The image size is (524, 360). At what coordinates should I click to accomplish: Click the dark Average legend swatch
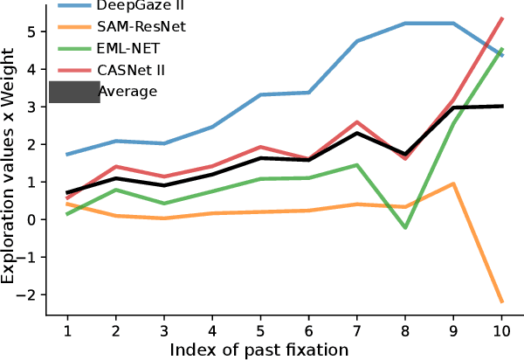pyautogui.click(x=74, y=92)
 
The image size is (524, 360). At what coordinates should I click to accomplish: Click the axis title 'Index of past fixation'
pyautogui.click(x=259, y=350)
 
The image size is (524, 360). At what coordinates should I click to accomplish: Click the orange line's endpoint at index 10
pyautogui.click(x=500, y=302)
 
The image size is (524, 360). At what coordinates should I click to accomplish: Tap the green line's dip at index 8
pyautogui.click(x=404, y=227)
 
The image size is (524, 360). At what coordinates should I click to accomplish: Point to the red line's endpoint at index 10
pyautogui.click(x=500, y=18)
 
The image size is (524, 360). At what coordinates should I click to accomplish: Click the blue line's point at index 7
pyautogui.click(x=356, y=41)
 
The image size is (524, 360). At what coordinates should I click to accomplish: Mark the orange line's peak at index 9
pyautogui.click(x=452, y=183)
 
